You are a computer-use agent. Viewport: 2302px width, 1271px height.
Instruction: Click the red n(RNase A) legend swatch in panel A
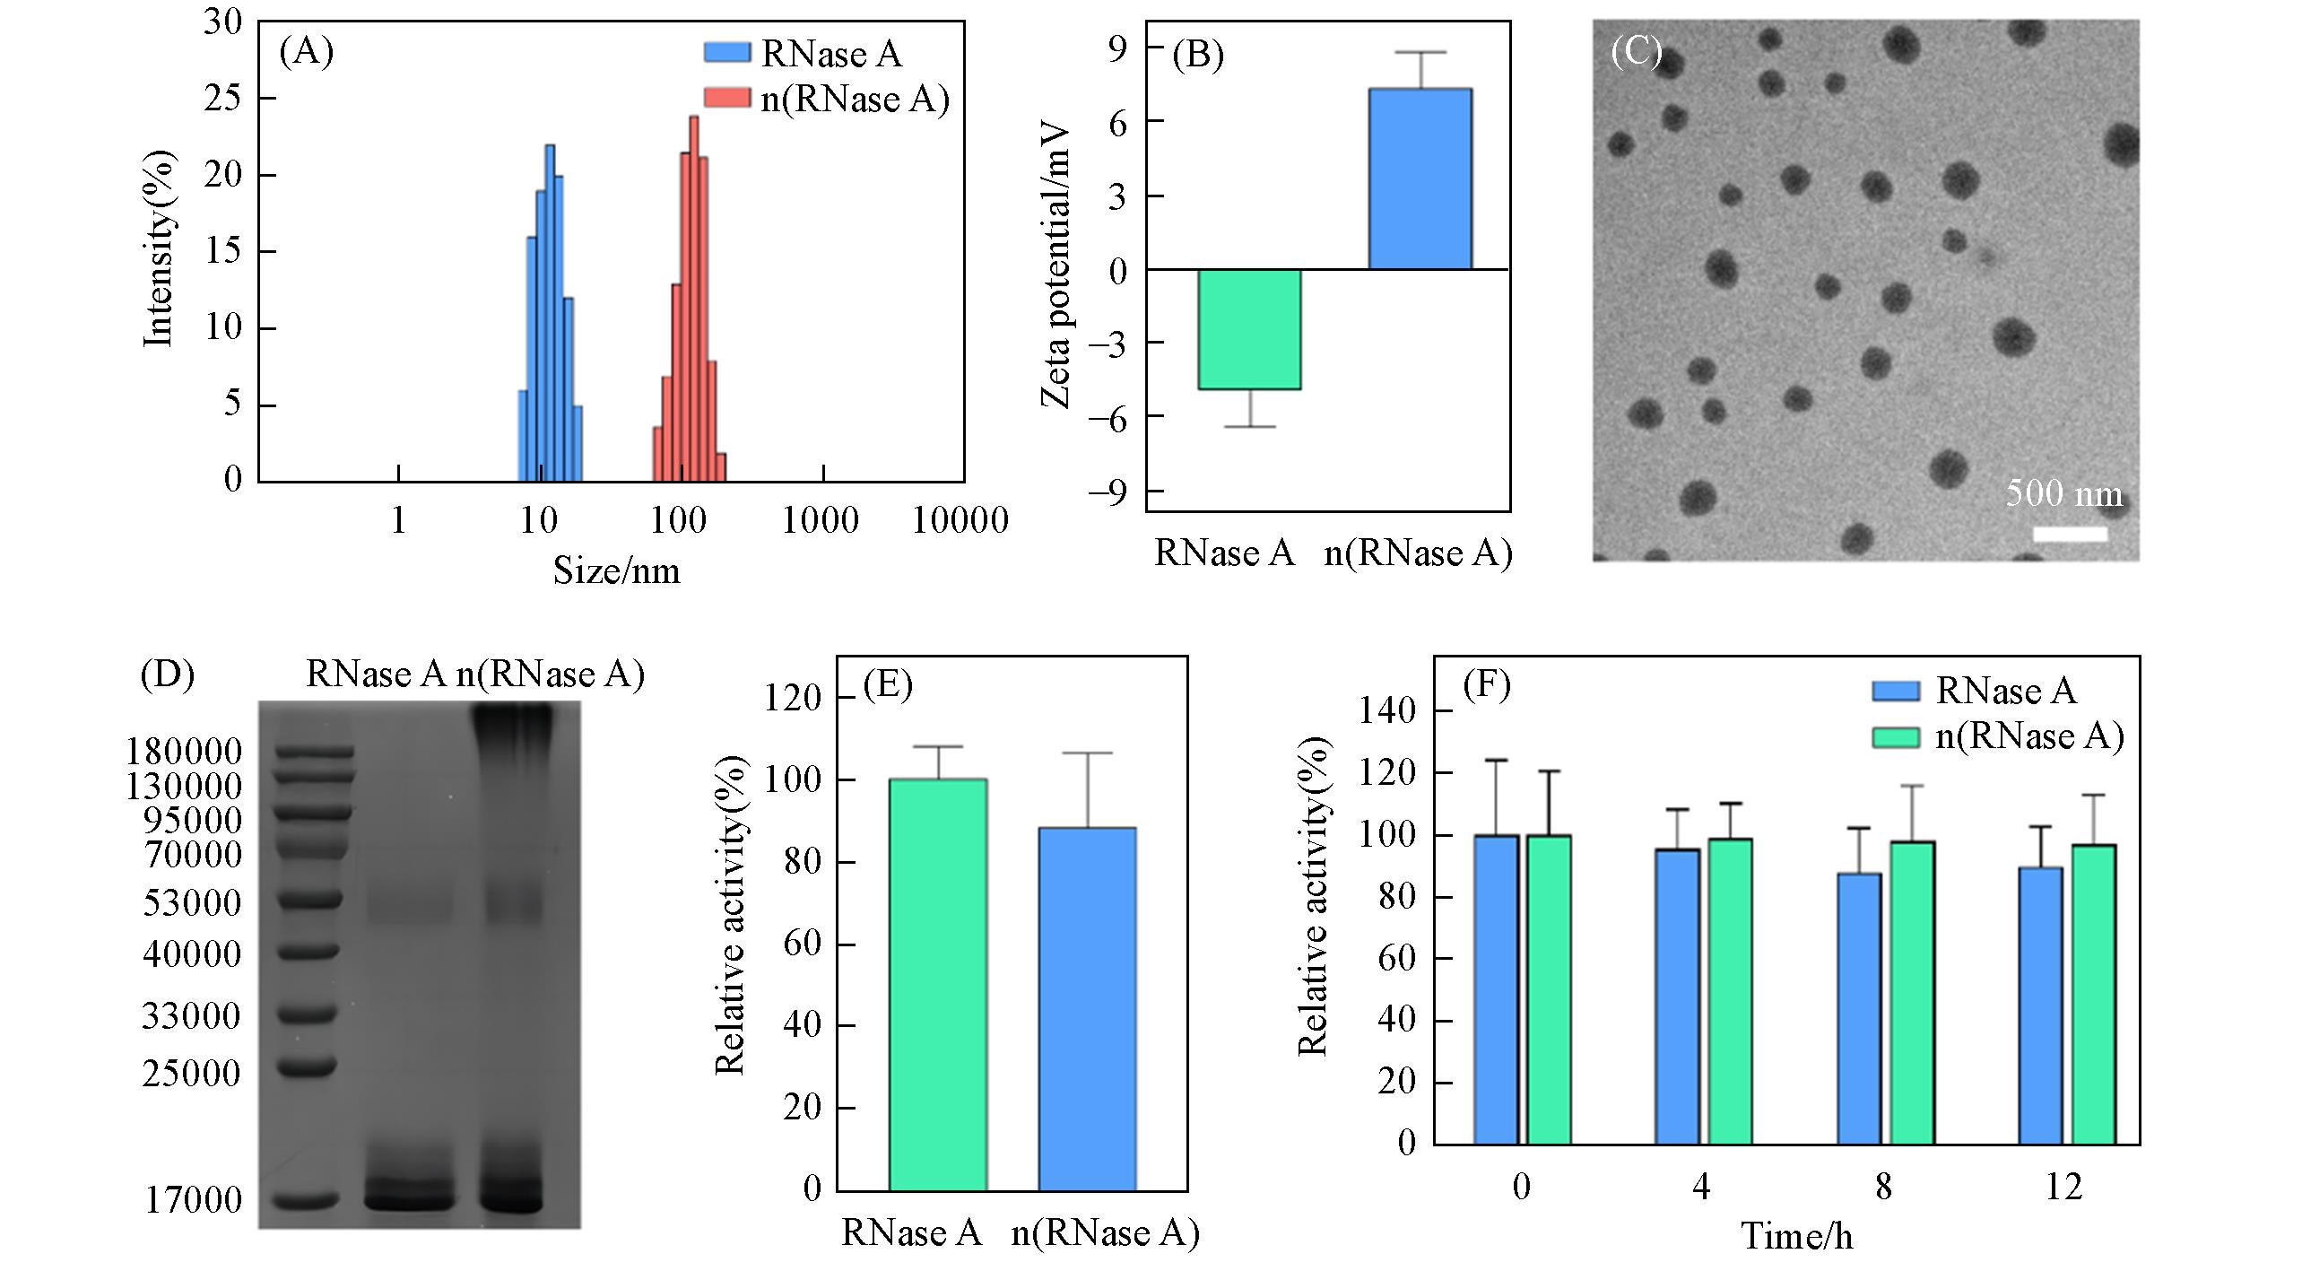tap(726, 98)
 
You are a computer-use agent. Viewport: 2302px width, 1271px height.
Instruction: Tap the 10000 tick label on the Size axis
tap(960, 520)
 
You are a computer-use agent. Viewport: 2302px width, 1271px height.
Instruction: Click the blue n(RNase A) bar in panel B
tap(1420, 178)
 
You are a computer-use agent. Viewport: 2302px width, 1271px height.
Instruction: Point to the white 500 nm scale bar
tap(2070, 535)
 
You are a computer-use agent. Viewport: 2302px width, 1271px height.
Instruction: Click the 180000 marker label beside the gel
tap(183, 752)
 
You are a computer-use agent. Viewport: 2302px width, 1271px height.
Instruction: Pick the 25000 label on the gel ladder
tap(191, 1073)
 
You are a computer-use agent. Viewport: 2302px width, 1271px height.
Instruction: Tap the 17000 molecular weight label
tap(194, 1200)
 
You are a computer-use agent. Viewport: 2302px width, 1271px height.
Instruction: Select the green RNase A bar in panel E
tap(938, 984)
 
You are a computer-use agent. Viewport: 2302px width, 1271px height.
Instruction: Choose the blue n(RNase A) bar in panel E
tap(1087, 1008)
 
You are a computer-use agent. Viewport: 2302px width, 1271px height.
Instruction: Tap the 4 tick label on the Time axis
tap(1701, 1188)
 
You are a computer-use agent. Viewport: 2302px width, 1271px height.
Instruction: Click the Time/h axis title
tap(1796, 1237)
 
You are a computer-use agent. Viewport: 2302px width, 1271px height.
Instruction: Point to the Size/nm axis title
tap(616, 571)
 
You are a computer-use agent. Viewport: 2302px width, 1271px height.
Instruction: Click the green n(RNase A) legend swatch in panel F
tap(1895, 737)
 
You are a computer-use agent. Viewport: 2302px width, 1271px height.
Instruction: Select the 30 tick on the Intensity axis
tap(222, 22)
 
